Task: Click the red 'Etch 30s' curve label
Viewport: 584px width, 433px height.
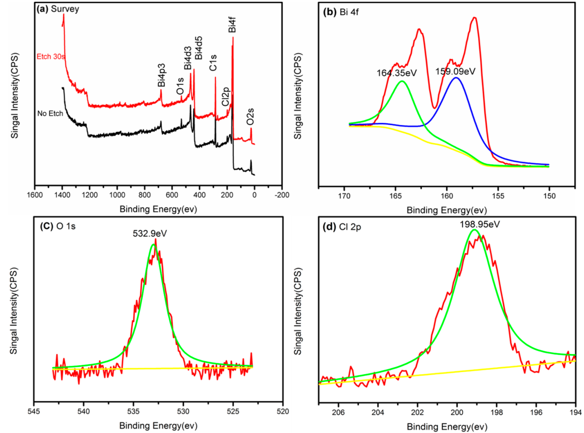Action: (x=50, y=57)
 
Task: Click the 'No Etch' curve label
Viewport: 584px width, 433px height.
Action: (x=50, y=114)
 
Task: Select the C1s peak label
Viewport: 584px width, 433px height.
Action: (x=213, y=63)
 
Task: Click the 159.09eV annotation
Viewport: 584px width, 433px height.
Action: (x=455, y=71)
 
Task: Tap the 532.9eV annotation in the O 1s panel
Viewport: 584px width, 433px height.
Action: (x=150, y=233)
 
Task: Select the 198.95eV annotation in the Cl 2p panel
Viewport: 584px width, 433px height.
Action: (x=480, y=224)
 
